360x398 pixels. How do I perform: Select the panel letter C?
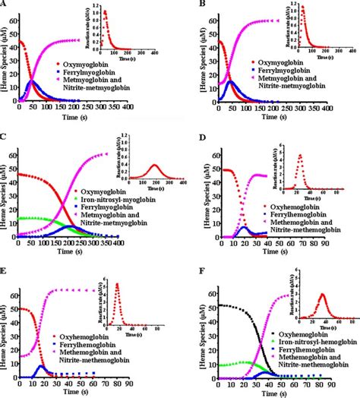[x=5, y=137]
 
